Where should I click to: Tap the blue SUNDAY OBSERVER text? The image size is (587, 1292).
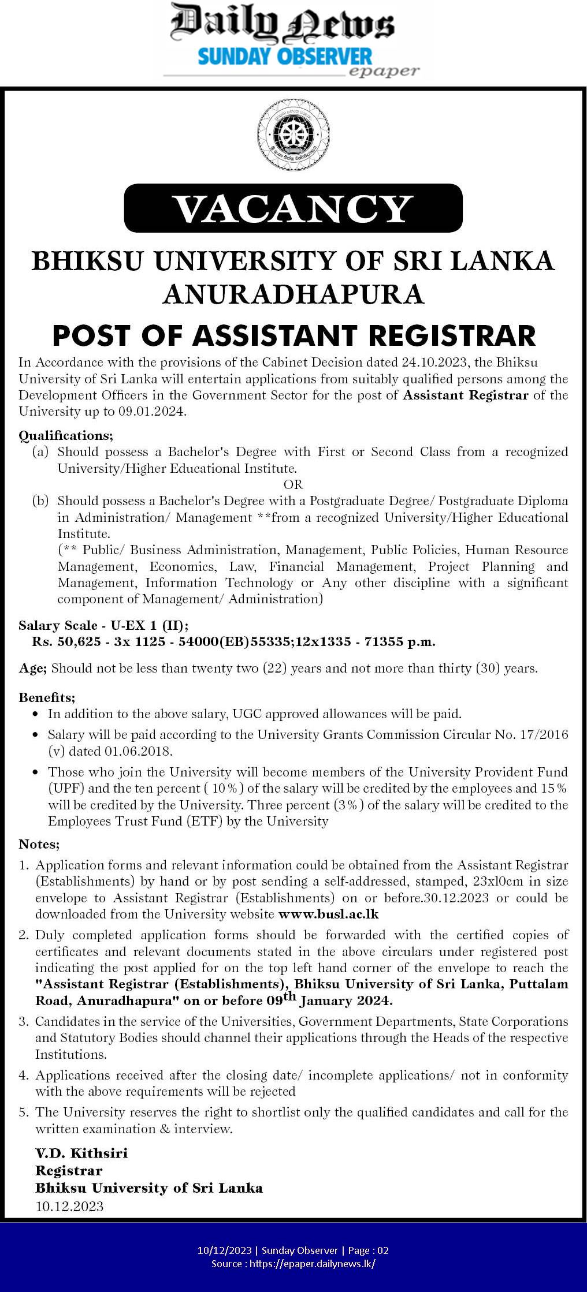(285, 57)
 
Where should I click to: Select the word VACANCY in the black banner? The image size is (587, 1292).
(293, 208)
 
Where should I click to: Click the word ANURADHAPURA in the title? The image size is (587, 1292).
(293, 294)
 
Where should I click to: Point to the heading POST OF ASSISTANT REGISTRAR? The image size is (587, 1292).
(293, 335)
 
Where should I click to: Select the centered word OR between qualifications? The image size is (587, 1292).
(293, 484)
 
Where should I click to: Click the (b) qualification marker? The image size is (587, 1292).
(40, 501)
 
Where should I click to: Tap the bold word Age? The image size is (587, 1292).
(32, 669)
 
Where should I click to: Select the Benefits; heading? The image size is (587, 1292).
(47, 697)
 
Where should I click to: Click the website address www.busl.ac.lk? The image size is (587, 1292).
(328, 914)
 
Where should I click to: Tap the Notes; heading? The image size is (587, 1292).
(39, 844)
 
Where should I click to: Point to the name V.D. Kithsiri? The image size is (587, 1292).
(81, 1153)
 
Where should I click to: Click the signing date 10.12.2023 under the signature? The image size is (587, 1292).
(69, 1207)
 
